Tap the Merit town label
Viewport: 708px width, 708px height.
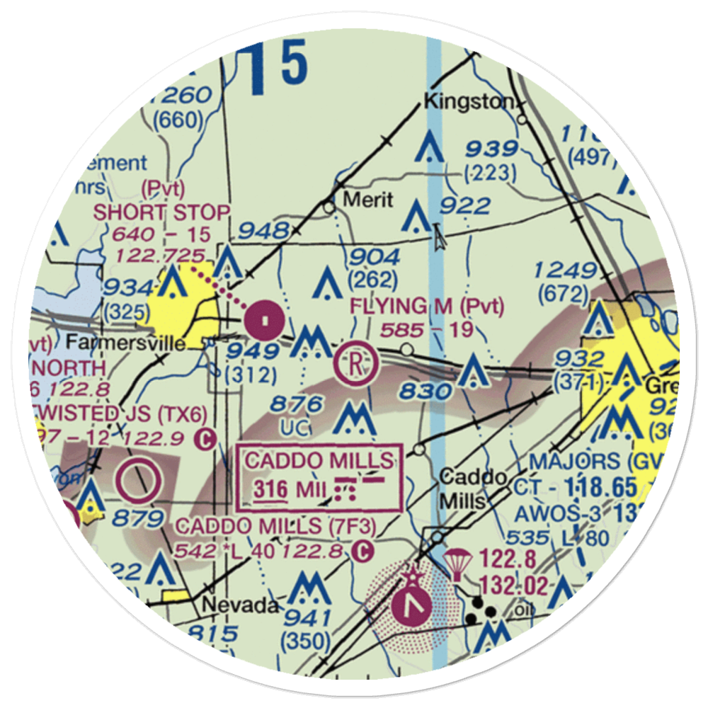367,200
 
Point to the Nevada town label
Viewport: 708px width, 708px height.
237,605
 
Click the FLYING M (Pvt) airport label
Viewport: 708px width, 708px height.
428,307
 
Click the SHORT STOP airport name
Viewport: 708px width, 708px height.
162,212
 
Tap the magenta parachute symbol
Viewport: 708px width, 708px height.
457,563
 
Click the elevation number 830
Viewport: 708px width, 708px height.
425,391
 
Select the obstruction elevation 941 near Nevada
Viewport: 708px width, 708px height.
306,617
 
